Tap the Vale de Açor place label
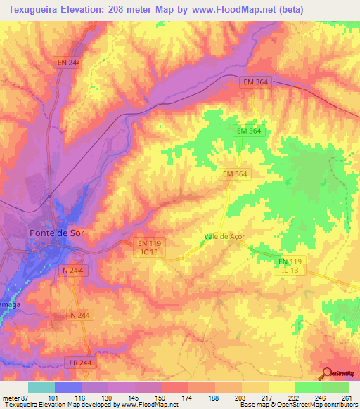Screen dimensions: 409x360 point(224,236)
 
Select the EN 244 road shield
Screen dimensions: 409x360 point(70,63)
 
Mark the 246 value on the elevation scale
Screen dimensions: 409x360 point(321,398)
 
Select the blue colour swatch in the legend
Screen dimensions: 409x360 point(68,387)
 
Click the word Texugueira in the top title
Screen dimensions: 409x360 point(32,9)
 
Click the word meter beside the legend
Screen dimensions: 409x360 point(11,398)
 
